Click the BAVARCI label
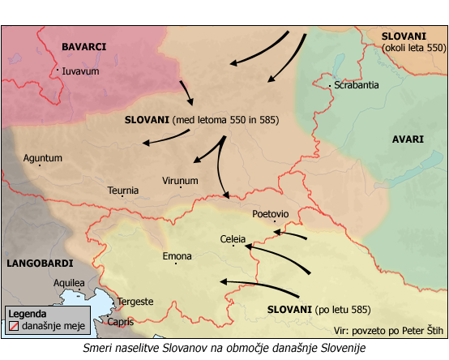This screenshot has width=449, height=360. [85, 48]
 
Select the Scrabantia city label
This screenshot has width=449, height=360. [356, 85]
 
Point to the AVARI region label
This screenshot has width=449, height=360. [408, 139]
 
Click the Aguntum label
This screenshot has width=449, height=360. [43, 158]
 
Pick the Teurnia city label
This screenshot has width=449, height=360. [123, 191]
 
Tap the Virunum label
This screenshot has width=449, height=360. [180, 181]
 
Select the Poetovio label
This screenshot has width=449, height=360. [270, 214]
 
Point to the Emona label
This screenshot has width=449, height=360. [177, 256]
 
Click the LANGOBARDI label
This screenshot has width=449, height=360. [38, 264]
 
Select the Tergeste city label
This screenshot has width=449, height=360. [135, 302]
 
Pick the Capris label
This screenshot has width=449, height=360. [120, 321]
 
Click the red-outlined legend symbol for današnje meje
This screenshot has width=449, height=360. [13, 326]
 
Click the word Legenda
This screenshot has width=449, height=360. [28, 314]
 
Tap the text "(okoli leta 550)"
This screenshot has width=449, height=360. [413, 49]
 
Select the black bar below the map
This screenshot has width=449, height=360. [224, 348]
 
